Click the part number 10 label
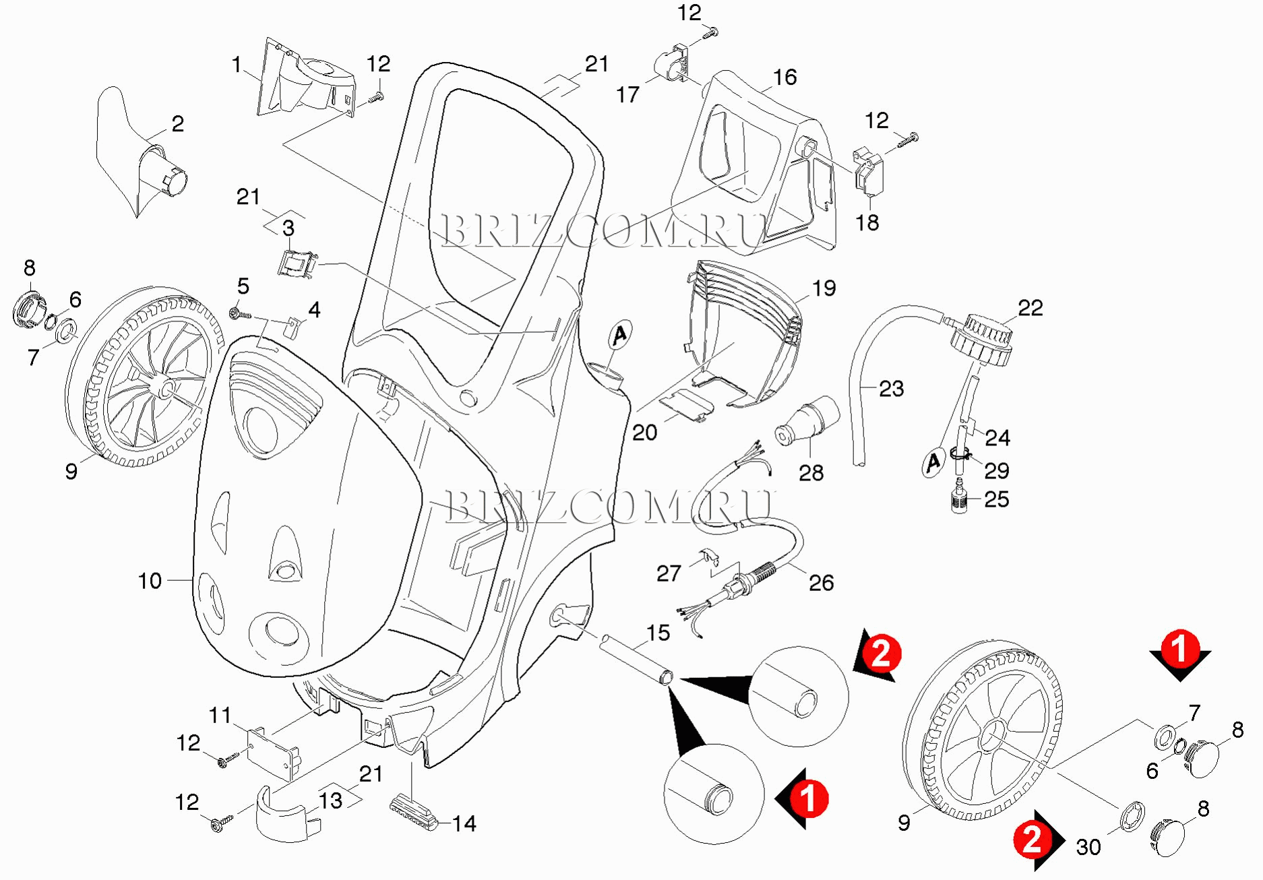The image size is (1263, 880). click(x=150, y=581)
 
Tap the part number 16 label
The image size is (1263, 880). click(x=784, y=77)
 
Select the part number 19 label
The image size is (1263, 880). click(x=824, y=288)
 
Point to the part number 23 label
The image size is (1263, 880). click(x=891, y=389)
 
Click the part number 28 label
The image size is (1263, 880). click(x=811, y=473)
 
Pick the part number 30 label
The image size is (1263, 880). click(x=1088, y=847)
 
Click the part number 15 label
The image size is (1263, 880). click(x=658, y=633)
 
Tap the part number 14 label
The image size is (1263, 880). click(x=464, y=823)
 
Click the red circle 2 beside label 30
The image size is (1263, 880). click(x=1032, y=839)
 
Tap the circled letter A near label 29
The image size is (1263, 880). click(x=933, y=463)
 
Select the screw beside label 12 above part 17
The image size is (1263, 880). click(x=712, y=32)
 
